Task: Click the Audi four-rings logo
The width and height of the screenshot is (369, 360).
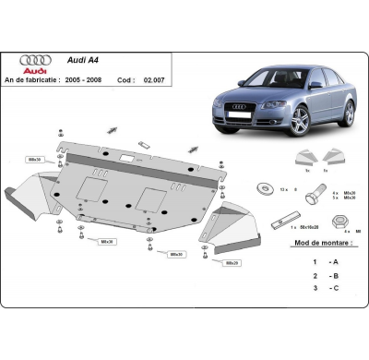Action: tap(36, 59)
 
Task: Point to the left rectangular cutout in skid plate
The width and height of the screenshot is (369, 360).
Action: tap(93, 188)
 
